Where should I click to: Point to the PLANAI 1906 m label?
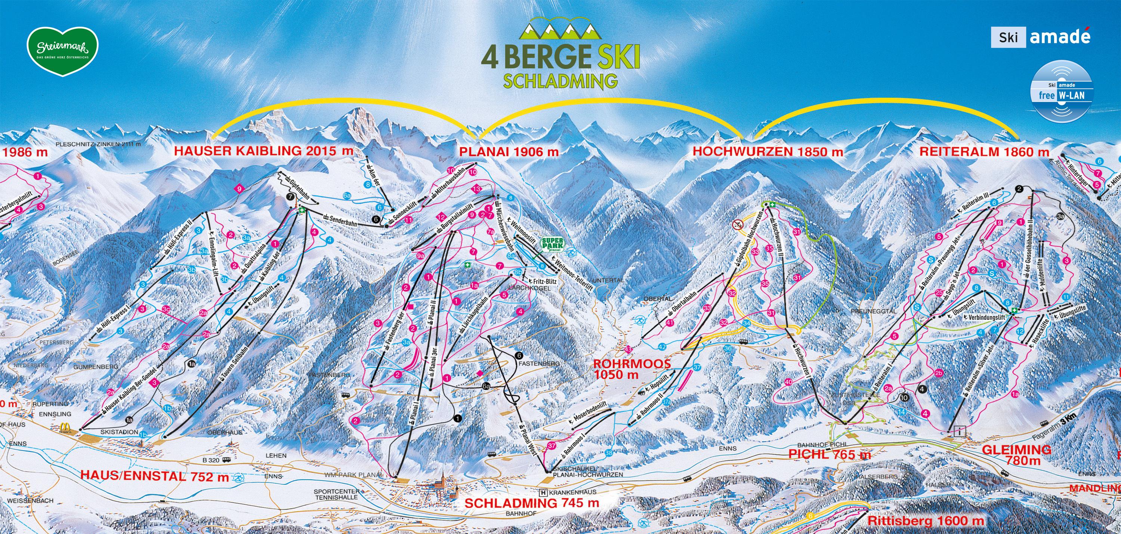pos(508,151)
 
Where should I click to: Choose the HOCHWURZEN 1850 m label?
pos(768,151)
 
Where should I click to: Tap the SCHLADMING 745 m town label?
pos(532,503)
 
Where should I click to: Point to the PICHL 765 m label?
pos(830,454)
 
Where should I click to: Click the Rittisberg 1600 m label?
pos(925,520)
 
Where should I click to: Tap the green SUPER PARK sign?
pos(552,245)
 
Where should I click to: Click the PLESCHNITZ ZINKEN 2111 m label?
pos(98,144)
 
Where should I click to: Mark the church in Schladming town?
pos(442,484)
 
